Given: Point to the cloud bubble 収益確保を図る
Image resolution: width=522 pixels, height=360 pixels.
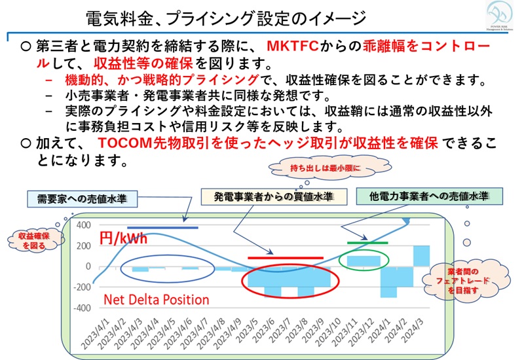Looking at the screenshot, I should pos(31,238).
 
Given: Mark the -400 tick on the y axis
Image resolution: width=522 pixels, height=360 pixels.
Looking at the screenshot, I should pos(81,308).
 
